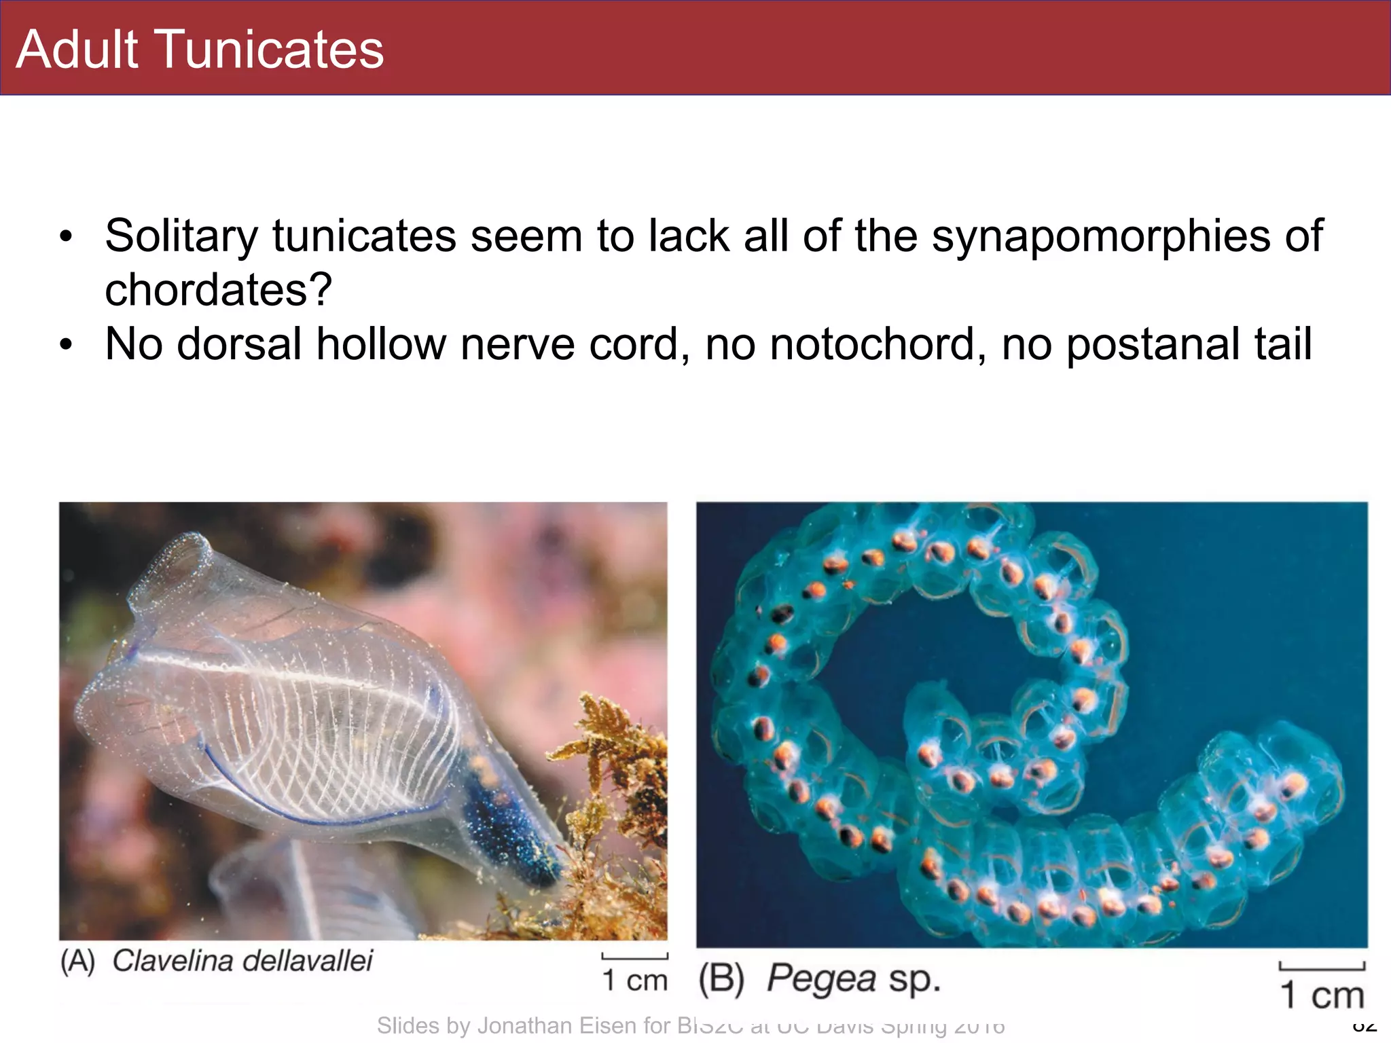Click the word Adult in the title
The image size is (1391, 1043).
[77, 50]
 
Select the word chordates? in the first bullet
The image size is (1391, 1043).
[218, 290]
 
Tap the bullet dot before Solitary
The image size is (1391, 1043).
[65, 237]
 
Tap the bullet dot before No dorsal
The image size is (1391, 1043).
[65, 344]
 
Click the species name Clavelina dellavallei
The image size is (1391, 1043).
[242, 961]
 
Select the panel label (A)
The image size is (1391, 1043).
[77, 962]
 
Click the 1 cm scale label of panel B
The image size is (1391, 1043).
[1322, 995]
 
